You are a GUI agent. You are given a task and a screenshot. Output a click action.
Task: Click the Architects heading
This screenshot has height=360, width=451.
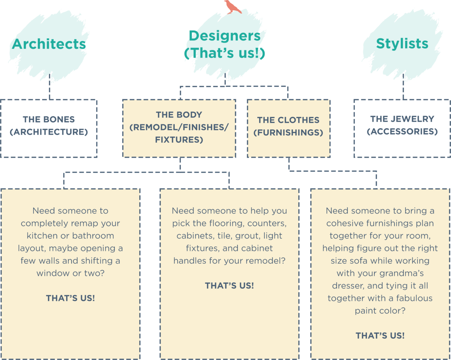click(49, 44)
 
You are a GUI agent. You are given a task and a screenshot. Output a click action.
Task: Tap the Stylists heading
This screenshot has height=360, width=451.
click(402, 44)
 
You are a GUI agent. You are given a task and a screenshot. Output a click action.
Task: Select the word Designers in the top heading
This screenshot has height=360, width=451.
click(224, 36)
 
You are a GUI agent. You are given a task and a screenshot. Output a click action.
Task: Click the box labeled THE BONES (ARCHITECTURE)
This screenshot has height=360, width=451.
click(49, 128)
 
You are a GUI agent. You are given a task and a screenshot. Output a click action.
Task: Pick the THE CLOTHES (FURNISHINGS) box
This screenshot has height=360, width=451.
click(288, 128)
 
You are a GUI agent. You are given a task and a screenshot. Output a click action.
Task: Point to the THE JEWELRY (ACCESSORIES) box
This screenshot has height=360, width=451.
click(402, 128)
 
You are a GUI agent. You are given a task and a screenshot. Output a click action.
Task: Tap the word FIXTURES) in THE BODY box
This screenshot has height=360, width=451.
click(179, 140)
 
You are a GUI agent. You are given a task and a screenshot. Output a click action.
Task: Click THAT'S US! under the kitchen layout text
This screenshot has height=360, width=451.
click(70, 298)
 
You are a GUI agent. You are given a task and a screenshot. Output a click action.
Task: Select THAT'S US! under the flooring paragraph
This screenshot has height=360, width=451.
click(229, 286)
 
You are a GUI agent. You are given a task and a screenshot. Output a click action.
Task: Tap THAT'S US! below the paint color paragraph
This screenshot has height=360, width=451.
click(380, 336)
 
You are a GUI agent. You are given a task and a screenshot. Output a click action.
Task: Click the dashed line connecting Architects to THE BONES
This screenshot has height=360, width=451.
click(49, 90)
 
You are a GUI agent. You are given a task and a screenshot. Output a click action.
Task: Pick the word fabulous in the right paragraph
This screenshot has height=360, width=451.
click(415, 298)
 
